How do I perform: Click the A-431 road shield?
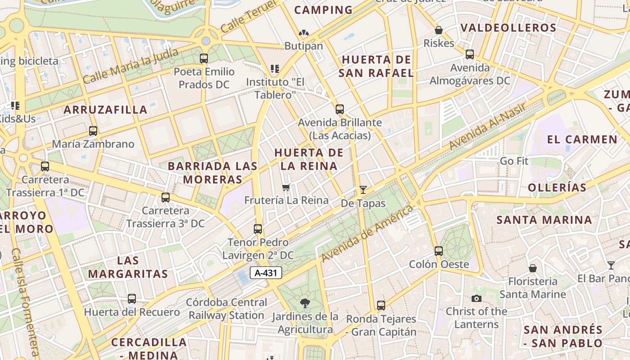265,273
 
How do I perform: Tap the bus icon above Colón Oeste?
439,251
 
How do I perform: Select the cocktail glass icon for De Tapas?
363,190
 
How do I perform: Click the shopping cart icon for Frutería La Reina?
286,187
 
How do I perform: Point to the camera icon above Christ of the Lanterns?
477,298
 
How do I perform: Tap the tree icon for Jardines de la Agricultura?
305,303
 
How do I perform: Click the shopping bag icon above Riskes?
439,30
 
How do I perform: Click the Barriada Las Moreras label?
212,173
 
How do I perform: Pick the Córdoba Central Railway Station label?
227,309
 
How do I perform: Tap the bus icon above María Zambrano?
93,131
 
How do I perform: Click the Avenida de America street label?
367,234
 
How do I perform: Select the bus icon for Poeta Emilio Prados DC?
204,58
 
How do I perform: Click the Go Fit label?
514,161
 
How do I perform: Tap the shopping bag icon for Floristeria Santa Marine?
533,268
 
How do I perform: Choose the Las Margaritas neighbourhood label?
128,267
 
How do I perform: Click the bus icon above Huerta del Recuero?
132,298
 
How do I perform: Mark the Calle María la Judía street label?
130,66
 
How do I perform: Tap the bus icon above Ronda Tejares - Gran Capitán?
381,306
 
